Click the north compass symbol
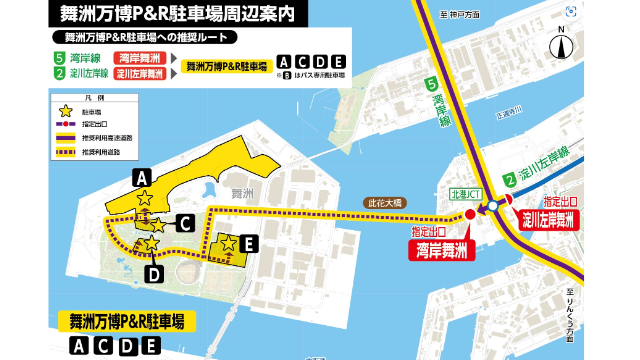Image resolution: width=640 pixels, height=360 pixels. coord(561,46)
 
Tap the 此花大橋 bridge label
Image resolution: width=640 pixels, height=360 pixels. coord(385,203)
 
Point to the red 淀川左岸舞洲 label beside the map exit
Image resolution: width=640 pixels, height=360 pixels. coord(548,220)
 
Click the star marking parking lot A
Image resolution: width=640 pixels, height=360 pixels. coord(145,198)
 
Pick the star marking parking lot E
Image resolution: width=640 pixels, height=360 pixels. coord(229,243)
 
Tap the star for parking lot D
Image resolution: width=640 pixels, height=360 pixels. coord(151,243)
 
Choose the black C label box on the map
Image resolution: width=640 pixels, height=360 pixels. coord(185,225)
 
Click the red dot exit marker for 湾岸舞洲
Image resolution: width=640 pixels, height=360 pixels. coord(470,215)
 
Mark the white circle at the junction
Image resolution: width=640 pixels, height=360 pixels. coord(493,205)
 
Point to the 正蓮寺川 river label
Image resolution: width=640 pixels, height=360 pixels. coord(509,115)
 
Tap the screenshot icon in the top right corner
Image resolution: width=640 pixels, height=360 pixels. coord(571,12)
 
